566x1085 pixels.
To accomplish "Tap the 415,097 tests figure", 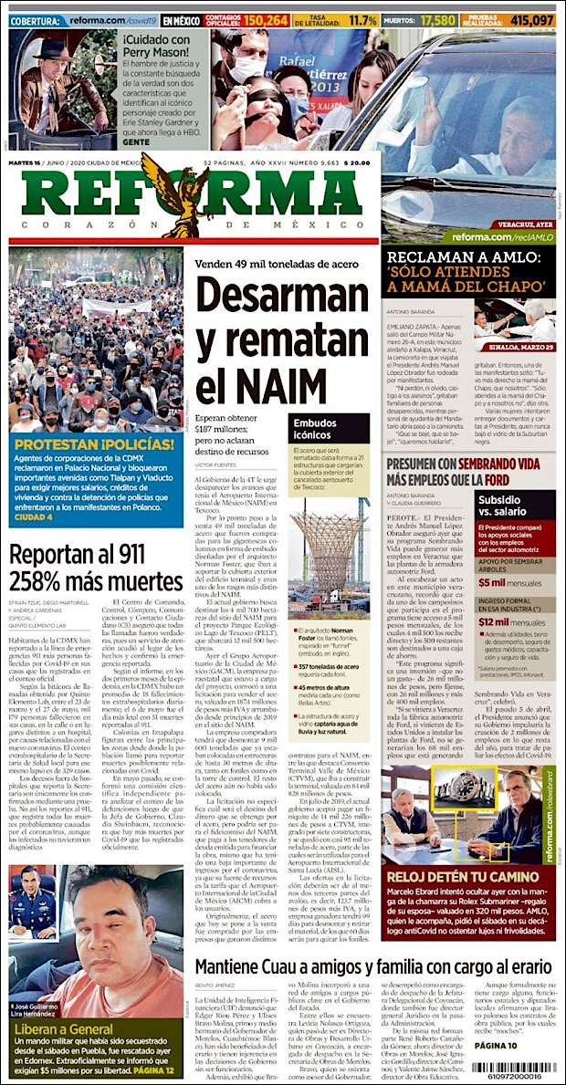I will coord(532,19).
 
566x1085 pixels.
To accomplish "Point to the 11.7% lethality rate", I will coord(362,19).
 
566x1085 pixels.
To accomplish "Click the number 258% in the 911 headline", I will coord(48,582).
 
